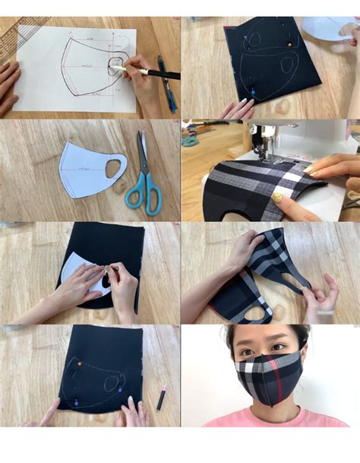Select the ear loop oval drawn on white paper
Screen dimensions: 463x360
116,63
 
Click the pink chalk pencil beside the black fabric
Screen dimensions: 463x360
162,397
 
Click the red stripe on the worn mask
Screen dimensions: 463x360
278,388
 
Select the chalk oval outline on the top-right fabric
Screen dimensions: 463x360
286,65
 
